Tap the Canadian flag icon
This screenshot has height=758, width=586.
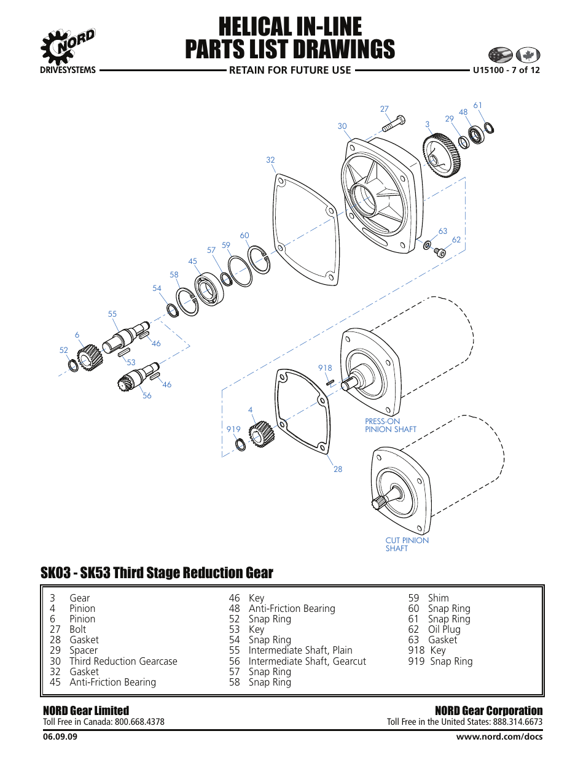[x=528, y=55]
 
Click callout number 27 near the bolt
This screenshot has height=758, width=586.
[x=385, y=109]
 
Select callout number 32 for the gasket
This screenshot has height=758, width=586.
[x=270, y=160]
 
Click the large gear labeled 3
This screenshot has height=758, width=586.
[x=441, y=155]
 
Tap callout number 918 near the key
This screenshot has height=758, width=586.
[x=325, y=368]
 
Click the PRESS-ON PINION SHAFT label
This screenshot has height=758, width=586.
[x=390, y=425]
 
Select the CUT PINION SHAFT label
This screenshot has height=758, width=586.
[x=407, y=544]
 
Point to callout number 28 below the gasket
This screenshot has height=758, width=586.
[x=338, y=469]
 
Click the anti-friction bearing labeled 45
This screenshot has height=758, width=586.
[x=209, y=289]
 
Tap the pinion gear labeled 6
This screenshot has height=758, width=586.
[x=90, y=357]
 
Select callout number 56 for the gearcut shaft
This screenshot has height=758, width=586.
[x=147, y=396]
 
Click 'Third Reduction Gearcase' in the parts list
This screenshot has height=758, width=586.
[x=123, y=661]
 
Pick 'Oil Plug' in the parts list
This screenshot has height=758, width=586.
[x=443, y=629]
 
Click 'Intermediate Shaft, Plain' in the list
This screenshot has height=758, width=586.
[x=300, y=650]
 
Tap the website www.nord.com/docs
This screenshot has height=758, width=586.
[x=499, y=737]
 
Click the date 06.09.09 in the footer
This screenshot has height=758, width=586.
[x=60, y=737]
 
